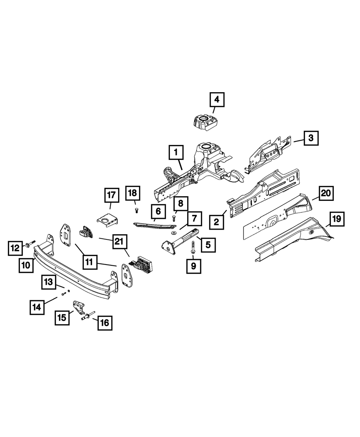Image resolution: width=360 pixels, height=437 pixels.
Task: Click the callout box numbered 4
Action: [217, 99]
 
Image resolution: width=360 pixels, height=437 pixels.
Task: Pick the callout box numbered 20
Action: [325, 193]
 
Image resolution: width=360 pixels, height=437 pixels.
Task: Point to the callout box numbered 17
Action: [111, 195]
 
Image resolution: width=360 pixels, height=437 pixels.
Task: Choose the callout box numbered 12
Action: [15, 248]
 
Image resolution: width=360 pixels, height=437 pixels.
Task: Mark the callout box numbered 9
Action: [194, 266]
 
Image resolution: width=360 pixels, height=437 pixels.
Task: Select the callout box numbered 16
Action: [104, 323]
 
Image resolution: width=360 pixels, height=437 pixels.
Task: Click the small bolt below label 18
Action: [136, 211]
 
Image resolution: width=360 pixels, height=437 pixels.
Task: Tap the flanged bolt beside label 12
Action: [30, 244]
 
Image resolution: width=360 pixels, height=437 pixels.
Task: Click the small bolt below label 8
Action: [175, 218]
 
